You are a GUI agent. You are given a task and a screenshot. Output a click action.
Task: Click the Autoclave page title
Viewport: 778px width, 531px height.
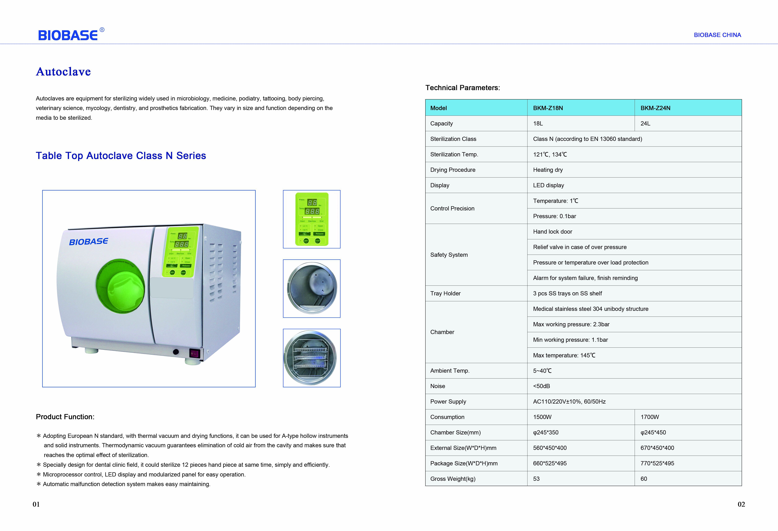(x=63, y=72)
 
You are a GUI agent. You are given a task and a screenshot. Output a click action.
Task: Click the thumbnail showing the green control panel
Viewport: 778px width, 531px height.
(x=312, y=219)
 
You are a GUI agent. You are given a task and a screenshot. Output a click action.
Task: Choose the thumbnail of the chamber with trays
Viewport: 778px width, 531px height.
(x=312, y=358)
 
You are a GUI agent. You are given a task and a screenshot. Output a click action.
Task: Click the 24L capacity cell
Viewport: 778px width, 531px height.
(x=645, y=123)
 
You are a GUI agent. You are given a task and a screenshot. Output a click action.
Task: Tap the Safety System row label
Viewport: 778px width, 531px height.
(x=449, y=255)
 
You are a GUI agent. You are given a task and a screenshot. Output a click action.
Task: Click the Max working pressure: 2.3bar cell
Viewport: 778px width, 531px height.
(x=571, y=324)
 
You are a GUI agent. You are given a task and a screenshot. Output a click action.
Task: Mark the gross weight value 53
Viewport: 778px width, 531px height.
(x=536, y=479)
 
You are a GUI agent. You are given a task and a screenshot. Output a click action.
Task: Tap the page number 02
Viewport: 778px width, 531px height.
(x=741, y=504)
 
